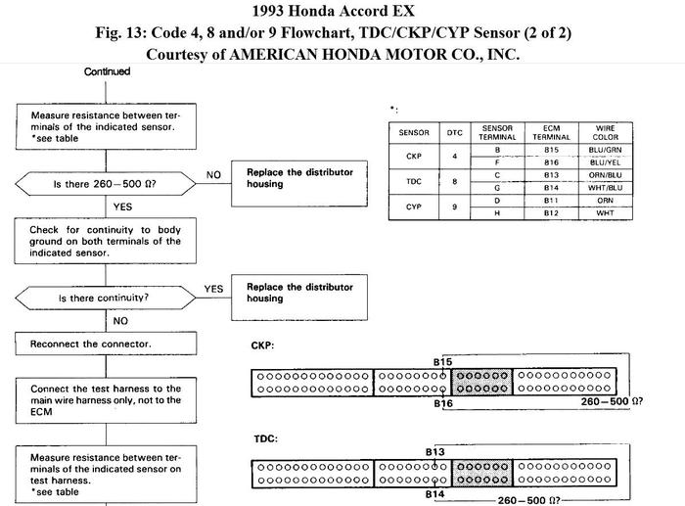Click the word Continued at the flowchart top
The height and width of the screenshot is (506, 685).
(107, 71)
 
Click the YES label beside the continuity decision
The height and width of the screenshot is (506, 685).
(213, 289)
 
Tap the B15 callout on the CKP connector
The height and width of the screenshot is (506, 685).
(442, 362)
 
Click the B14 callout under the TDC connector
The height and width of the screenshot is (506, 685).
(436, 495)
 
